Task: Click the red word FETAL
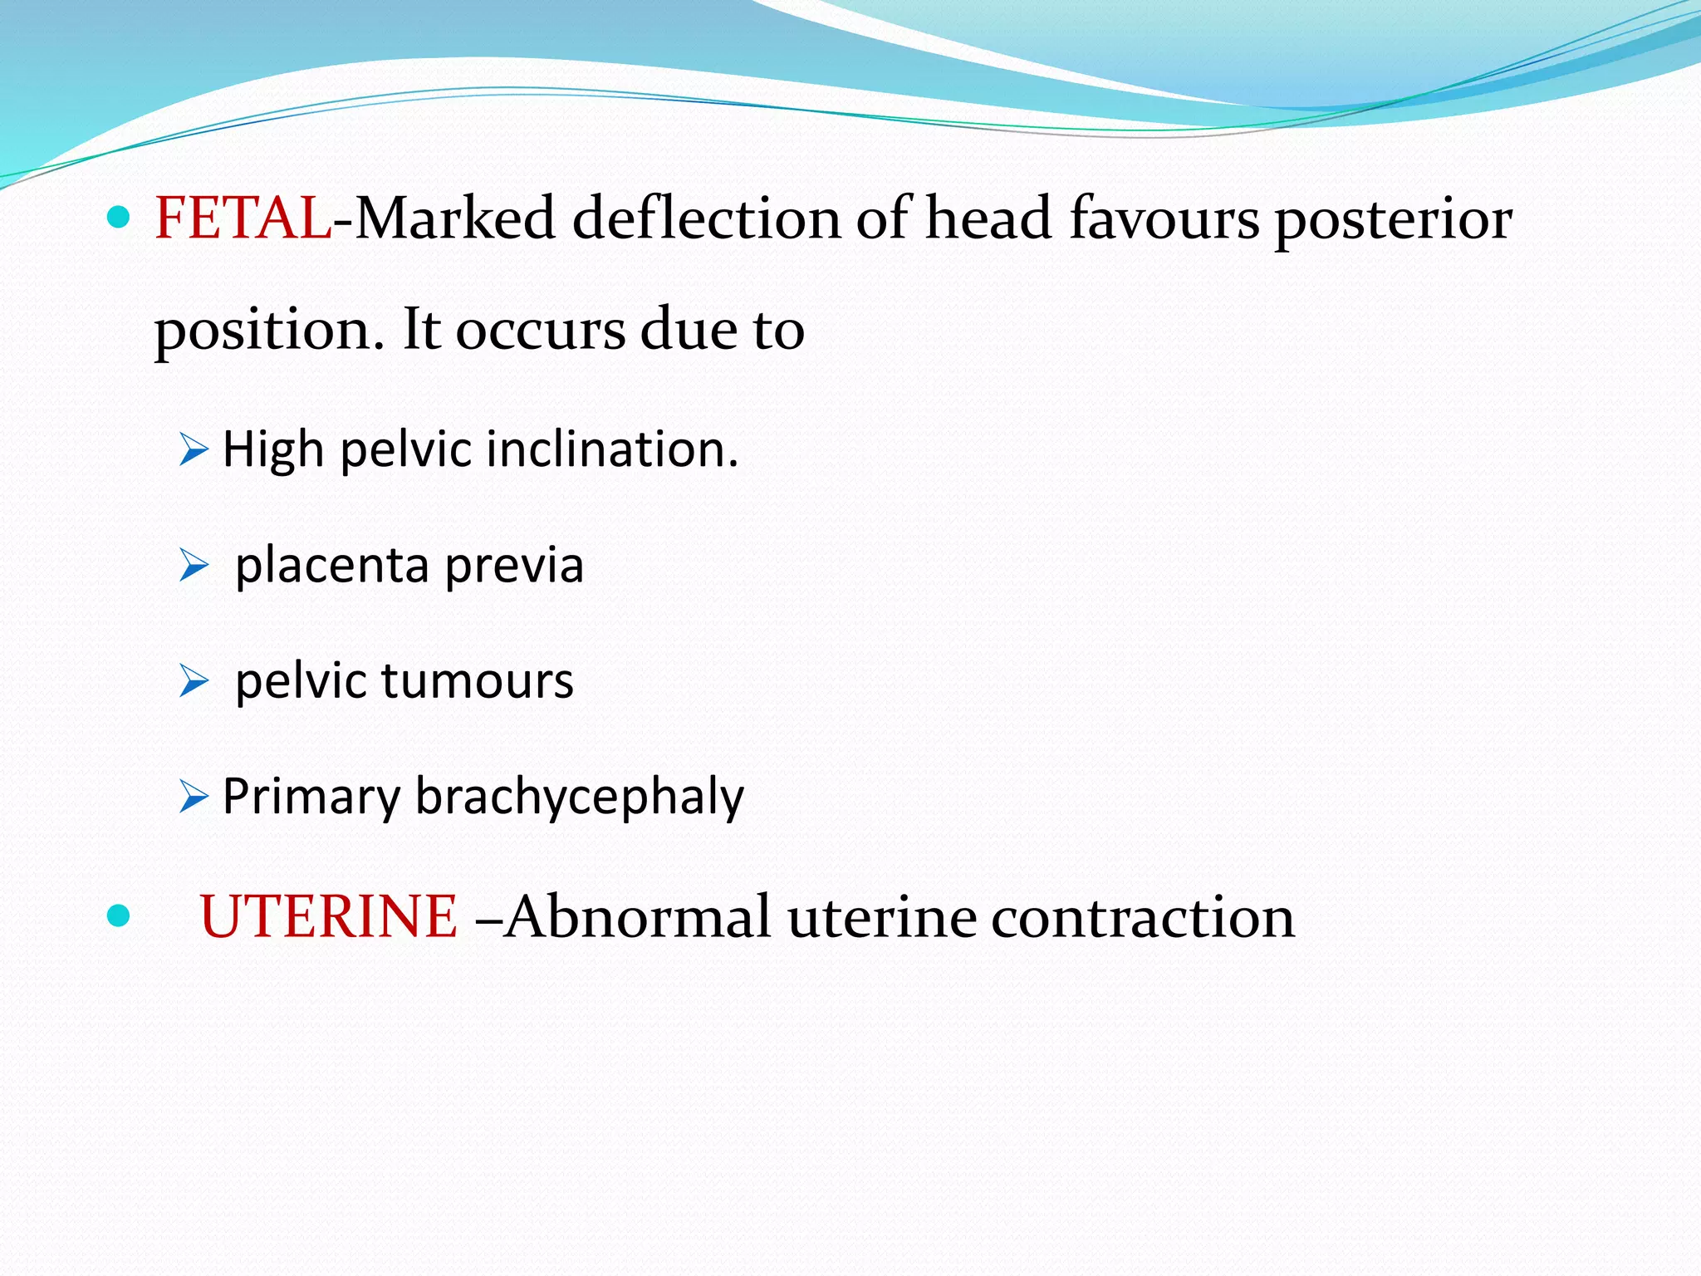click(x=243, y=218)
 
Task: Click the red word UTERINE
click(x=328, y=917)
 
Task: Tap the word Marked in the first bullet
click(x=455, y=218)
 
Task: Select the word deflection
click(x=707, y=218)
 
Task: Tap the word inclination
click(x=612, y=449)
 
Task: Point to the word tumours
click(x=477, y=681)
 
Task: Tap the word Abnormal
click(x=638, y=917)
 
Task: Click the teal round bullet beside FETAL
click(x=120, y=218)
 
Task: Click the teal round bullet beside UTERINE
click(x=120, y=915)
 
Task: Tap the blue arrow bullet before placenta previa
click(x=194, y=567)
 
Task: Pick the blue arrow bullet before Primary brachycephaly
click(x=194, y=797)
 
